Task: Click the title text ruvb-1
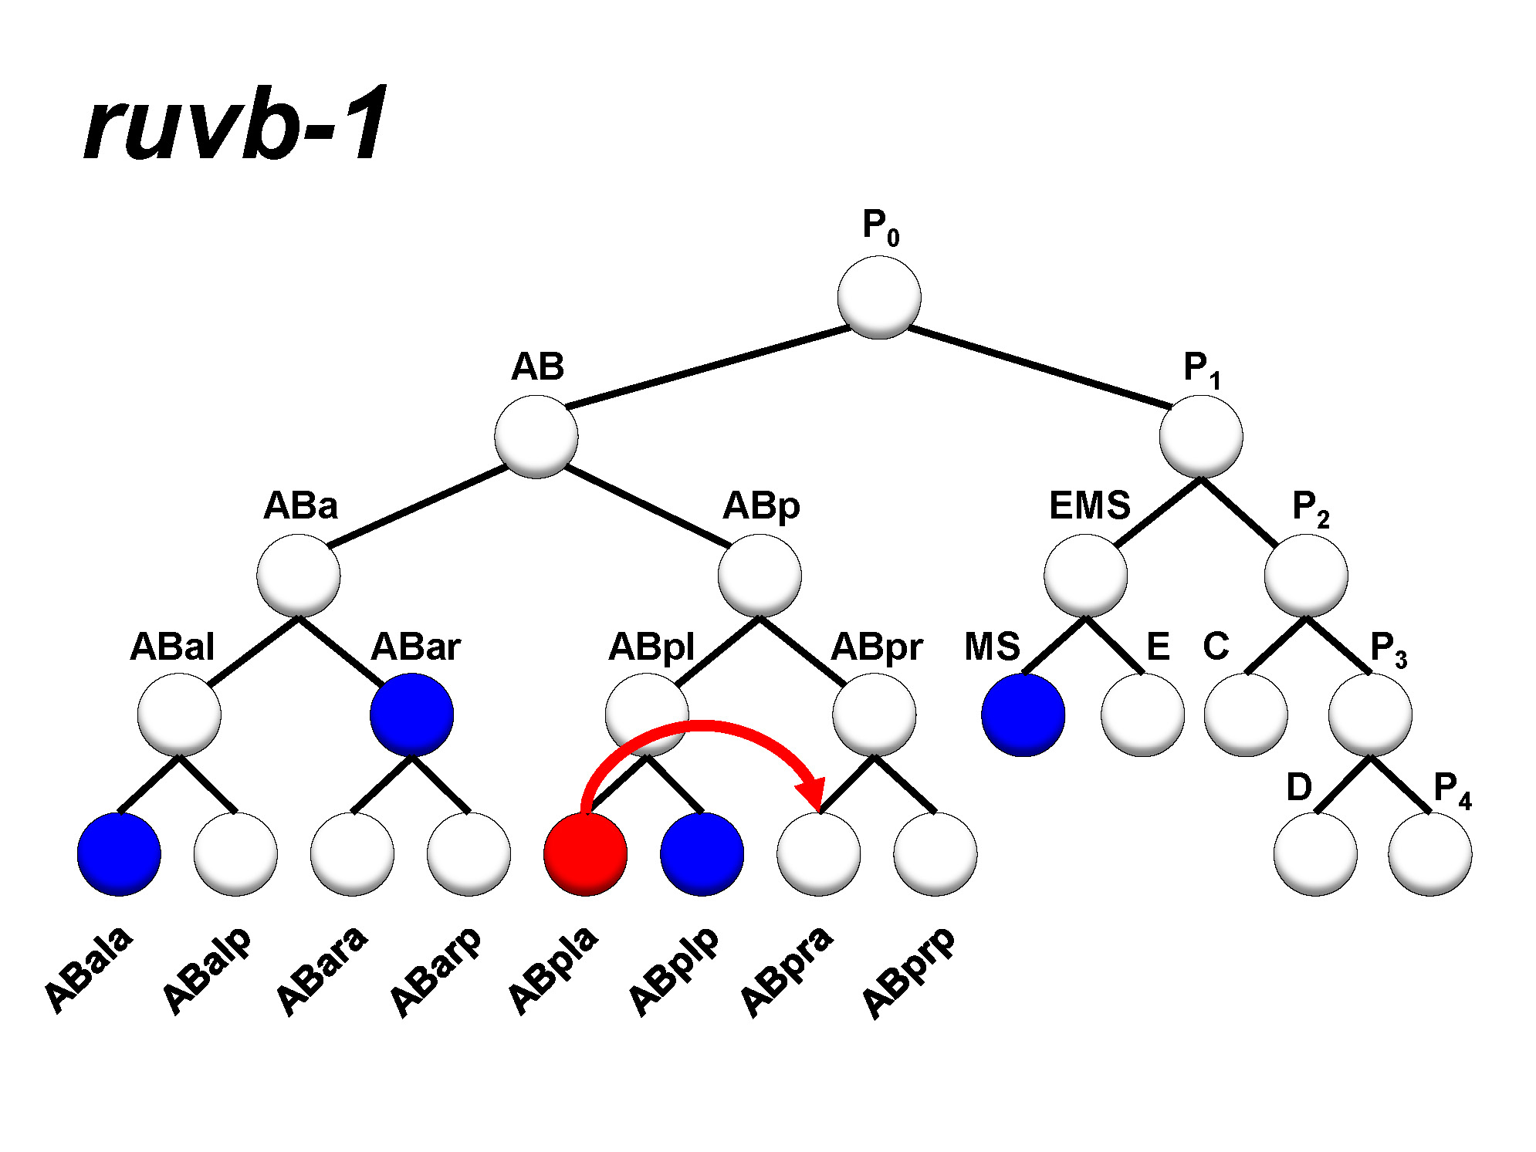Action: point(235,124)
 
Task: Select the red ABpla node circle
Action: point(585,853)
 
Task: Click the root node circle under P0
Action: point(879,297)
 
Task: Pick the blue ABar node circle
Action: point(411,715)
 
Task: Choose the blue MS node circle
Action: point(1023,715)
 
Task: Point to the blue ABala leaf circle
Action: point(119,853)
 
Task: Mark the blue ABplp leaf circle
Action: point(702,853)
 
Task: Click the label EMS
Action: point(1089,506)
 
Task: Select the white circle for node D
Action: point(1315,853)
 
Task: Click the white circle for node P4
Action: point(1429,853)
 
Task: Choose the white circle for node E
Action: point(1142,715)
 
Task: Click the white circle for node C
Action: point(1246,715)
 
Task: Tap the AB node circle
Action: point(536,437)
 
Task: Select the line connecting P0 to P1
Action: point(1038,367)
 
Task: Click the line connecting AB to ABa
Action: point(417,506)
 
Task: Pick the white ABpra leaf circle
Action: point(818,853)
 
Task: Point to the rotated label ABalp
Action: point(207,971)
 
